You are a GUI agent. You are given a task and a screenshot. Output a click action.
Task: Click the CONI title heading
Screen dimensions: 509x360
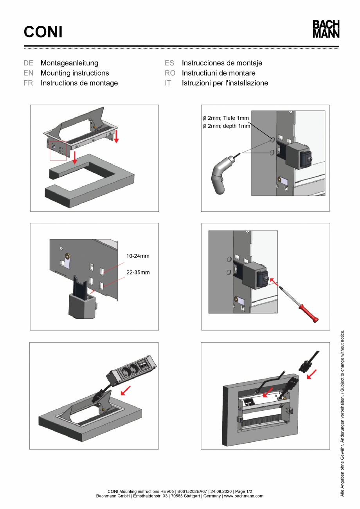(x=43, y=32)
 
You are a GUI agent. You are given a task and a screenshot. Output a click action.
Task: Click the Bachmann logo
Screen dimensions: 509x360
(x=326, y=29)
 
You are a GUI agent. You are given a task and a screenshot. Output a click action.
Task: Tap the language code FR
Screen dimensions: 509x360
(x=28, y=83)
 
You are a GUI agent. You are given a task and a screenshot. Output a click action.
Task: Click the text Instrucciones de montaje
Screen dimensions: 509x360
(x=222, y=63)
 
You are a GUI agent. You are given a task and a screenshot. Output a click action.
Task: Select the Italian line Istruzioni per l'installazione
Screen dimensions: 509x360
(x=225, y=83)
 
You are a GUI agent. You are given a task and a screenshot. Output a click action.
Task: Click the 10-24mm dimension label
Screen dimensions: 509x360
(x=137, y=256)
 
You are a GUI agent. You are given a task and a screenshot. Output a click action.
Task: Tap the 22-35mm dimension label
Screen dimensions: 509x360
(x=137, y=272)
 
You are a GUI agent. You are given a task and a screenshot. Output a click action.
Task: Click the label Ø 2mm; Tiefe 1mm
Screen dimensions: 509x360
(x=226, y=118)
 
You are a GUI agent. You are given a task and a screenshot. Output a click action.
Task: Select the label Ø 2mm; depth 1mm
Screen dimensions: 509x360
(x=226, y=126)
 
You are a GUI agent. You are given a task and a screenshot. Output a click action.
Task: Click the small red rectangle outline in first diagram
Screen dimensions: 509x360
(x=58, y=150)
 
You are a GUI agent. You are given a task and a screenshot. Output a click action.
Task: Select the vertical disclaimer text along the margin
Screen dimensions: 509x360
(x=342, y=413)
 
